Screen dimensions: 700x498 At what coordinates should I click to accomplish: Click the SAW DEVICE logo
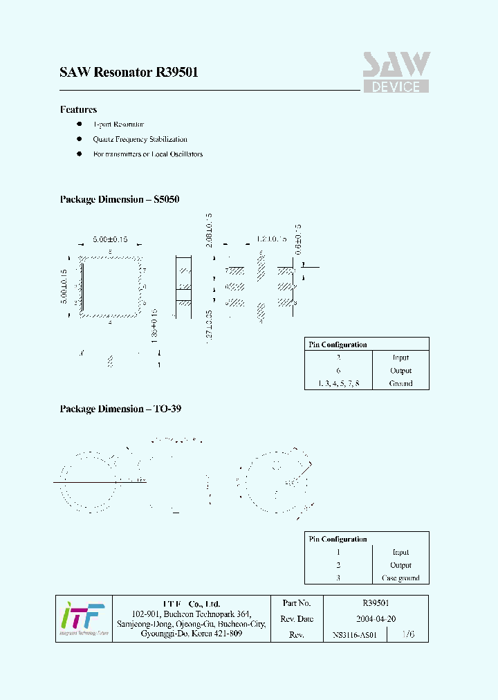tap(396, 73)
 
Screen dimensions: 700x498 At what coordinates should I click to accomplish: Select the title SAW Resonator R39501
tap(129, 72)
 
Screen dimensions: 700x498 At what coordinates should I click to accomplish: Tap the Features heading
tap(78, 109)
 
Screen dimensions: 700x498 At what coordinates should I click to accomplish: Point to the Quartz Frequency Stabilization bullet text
tap(140, 139)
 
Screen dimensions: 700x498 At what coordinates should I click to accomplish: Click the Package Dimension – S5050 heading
tap(120, 199)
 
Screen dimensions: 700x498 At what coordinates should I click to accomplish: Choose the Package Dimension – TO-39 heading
tap(120, 409)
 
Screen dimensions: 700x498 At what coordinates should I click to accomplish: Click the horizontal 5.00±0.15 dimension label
tap(110, 239)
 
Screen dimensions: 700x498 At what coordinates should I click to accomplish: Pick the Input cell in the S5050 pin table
tap(400, 358)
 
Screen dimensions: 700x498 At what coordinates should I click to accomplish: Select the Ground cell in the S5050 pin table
tap(400, 383)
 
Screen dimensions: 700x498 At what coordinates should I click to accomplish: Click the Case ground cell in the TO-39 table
tap(400, 578)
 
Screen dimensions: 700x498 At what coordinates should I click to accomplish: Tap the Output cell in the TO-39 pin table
tap(400, 565)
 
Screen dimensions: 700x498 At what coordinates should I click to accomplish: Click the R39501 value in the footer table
tap(375, 604)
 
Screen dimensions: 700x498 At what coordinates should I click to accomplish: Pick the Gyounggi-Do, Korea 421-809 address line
tap(191, 634)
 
